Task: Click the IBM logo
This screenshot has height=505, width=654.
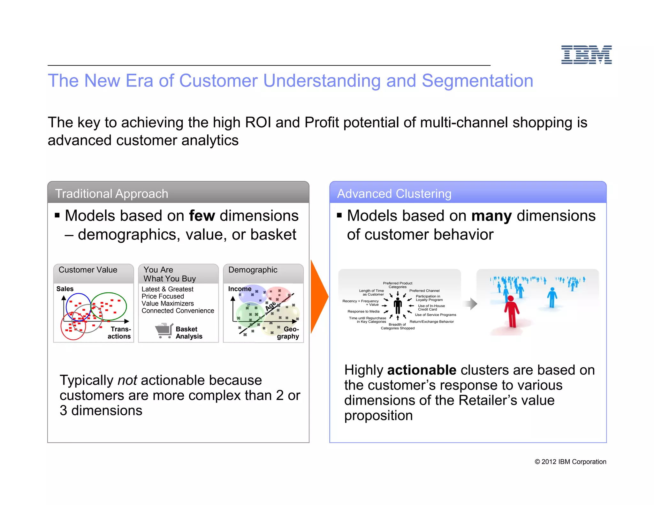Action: coord(586,55)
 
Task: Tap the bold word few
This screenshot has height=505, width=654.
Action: coord(202,216)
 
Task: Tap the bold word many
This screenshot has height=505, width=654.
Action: coord(491,216)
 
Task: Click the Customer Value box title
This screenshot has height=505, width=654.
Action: coord(88,270)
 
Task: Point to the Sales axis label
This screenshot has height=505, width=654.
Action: coord(65,289)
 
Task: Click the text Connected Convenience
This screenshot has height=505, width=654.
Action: coord(178,311)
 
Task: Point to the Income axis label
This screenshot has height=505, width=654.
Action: coord(240,289)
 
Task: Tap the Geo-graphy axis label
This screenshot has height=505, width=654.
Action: coord(288,333)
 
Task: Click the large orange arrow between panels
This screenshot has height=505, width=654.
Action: coord(319,297)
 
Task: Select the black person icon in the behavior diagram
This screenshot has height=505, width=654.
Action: coord(398,306)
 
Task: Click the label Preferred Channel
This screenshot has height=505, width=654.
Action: coord(424,290)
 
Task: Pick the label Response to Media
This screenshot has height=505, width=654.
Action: coord(363,311)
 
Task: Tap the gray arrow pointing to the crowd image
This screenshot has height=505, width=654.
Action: coord(471,304)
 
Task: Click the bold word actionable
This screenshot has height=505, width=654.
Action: coord(422,370)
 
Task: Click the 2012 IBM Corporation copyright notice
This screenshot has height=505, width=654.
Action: coord(570,462)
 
